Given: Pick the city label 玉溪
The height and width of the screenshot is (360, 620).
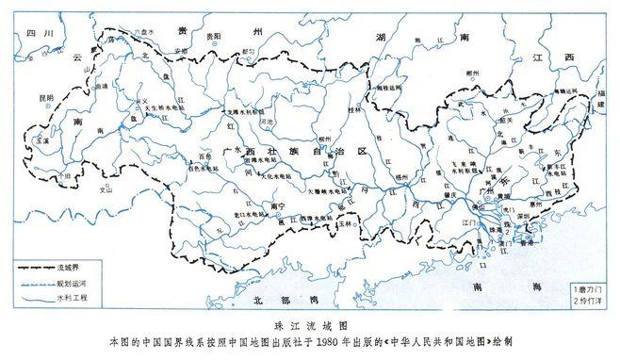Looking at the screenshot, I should click(x=41, y=139).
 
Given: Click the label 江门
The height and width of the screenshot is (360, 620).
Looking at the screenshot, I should click(x=468, y=223).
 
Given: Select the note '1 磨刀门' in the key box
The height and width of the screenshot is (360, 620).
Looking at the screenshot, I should click(x=590, y=286).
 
